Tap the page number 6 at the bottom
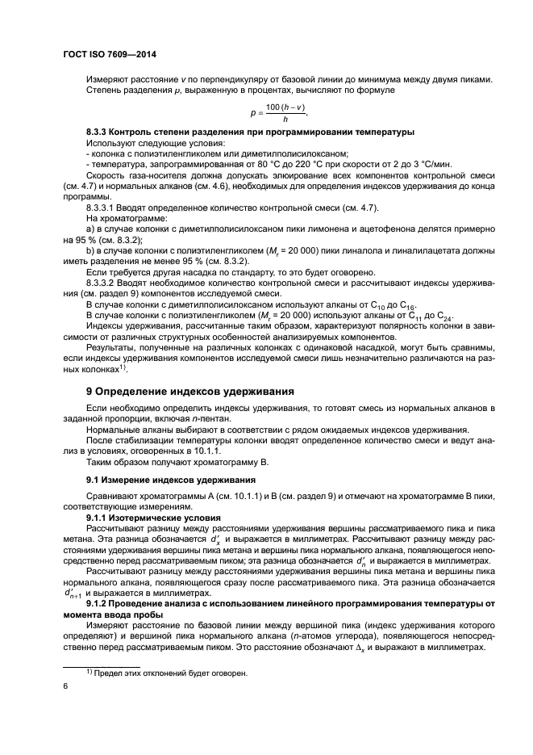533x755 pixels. click(65, 686)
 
